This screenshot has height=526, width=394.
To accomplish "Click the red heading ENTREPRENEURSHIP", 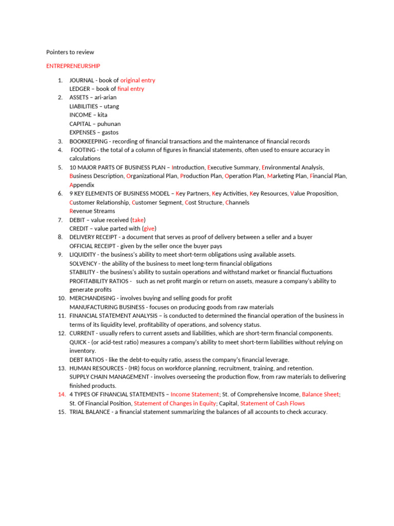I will tap(73, 66).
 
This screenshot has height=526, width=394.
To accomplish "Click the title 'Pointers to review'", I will tap(70, 52).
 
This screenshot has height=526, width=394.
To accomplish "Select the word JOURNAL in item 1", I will tap(82, 80).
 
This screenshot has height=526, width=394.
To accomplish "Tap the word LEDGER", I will tap(80, 89).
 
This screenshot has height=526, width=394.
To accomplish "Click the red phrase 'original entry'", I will tap(137, 80).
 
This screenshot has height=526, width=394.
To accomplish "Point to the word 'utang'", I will tap(111, 106).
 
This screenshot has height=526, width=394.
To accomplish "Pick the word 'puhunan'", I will tap(109, 124).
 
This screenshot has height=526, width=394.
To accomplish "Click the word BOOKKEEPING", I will tap(88, 141).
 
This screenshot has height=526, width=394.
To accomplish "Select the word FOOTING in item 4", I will tap(84, 150).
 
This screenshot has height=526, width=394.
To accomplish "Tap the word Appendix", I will tap(82, 185).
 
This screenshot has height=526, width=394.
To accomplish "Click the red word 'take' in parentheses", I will tap(138, 220).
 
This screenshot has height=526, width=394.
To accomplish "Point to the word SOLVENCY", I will tap(83, 264).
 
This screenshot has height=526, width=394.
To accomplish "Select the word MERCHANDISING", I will tap(92, 298).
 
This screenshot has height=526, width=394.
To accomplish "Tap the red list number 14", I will tap(60, 394).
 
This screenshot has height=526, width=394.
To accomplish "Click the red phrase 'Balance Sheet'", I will tap(321, 394).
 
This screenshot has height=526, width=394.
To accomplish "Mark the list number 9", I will tap(60, 255).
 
